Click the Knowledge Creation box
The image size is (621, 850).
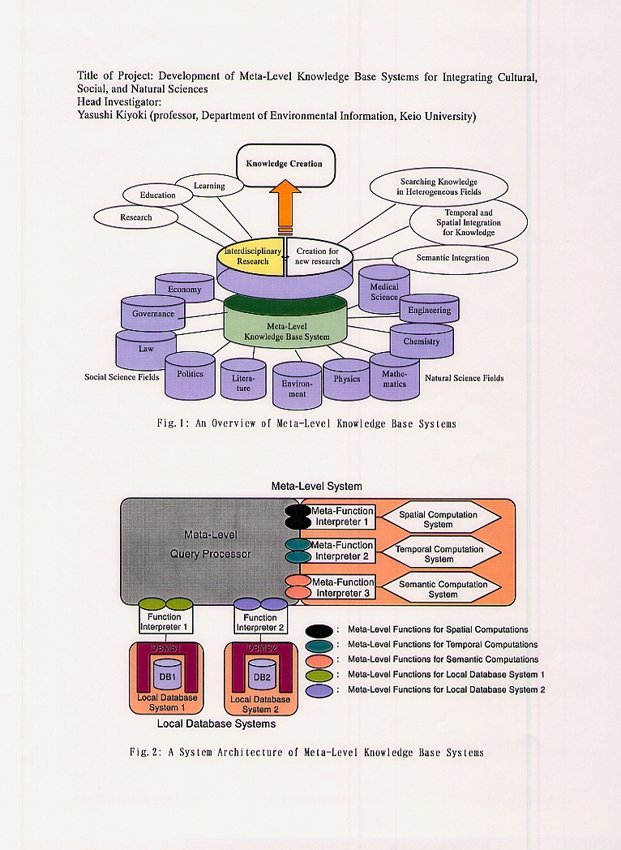pos(285,164)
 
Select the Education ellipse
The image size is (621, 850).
pos(157,195)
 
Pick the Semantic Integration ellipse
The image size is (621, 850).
pos(454,259)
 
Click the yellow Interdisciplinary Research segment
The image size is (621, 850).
pos(252,257)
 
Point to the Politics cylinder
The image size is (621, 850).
pos(190,376)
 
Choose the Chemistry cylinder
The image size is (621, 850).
pos(422,341)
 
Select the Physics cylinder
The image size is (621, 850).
pos(347,380)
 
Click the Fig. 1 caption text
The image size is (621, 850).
pos(306,423)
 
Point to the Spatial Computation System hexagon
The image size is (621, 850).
pos(438,520)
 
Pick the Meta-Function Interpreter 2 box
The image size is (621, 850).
pos(342,551)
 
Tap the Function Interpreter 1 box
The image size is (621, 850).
pos(165,622)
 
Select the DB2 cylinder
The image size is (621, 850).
pos(261,675)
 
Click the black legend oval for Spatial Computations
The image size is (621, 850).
pos(320,629)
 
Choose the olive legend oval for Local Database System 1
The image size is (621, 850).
pos(320,675)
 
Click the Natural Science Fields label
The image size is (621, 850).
pos(464,378)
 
